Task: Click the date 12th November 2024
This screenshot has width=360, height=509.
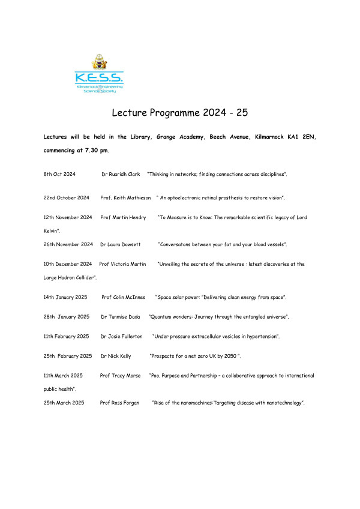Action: [x=68, y=217]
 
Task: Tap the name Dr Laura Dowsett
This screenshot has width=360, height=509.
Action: [x=121, y=244]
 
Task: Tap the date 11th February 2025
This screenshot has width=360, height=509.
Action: [x=67, y=336]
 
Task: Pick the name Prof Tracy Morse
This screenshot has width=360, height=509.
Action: [x=120, y=375]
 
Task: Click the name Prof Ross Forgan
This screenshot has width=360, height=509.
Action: [x=120, y=402]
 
